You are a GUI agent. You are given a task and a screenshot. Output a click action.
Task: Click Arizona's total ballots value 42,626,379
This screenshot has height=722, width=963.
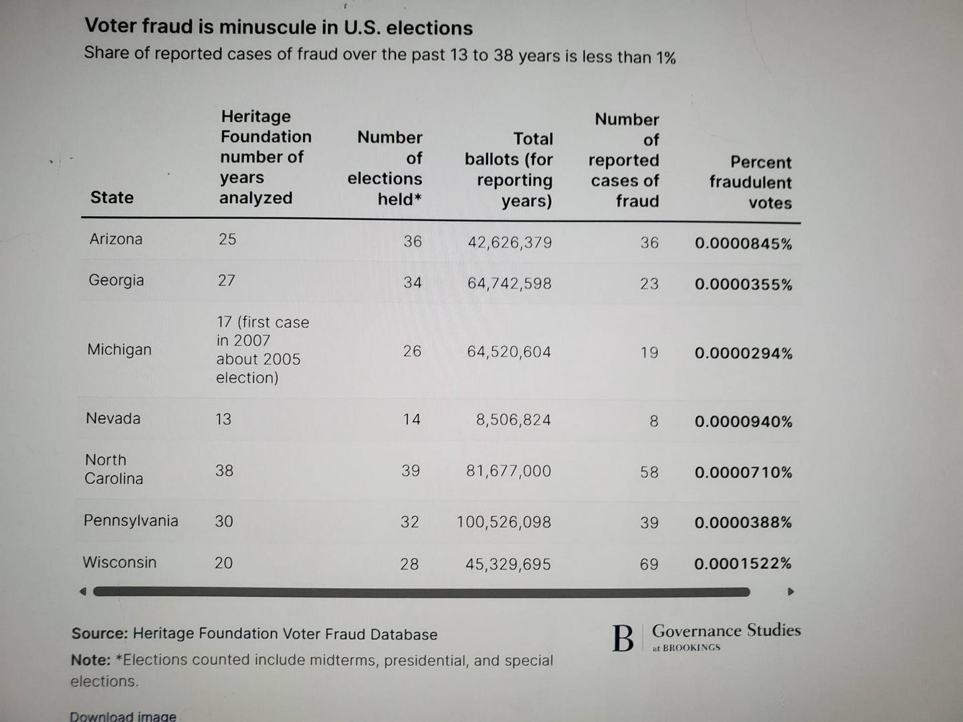point(510,243)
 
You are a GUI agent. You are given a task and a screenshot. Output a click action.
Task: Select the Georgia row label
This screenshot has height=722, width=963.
point(116,280)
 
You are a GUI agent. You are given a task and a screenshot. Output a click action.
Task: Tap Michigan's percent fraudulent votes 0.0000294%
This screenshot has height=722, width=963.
point(744,353)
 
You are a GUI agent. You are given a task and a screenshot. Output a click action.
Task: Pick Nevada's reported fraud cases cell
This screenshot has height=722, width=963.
point(653,421)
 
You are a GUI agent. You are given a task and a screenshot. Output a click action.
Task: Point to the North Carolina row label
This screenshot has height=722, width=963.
point(114,469)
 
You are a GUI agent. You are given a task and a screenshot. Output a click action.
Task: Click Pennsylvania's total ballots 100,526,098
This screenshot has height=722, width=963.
point(504,521)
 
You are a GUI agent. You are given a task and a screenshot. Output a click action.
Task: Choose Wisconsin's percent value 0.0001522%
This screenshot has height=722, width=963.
point(743,564)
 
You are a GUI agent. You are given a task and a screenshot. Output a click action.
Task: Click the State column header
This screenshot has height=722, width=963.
point(112,197)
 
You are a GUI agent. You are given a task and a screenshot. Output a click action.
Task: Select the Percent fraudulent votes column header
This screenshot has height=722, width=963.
point(750,183)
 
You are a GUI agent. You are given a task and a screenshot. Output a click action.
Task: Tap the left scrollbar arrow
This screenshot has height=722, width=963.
point(83,592)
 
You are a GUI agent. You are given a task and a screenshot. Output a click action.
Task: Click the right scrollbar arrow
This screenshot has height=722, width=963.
point(790,592)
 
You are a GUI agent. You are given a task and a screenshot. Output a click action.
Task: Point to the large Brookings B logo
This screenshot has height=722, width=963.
point(623,638)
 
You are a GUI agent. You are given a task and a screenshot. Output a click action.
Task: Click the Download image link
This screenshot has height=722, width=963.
point(123,716)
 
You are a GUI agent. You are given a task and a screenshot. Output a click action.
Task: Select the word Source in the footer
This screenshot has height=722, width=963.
point(100,633)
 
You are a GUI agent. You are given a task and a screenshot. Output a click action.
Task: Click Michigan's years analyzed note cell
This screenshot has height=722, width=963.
point(263,350)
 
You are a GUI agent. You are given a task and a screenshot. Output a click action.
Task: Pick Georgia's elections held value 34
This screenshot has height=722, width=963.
point(413,282)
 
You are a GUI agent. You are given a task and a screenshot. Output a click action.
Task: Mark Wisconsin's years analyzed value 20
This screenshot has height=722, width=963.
point(224,562)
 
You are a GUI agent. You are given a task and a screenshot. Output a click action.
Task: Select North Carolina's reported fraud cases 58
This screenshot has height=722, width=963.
point(649,472)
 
